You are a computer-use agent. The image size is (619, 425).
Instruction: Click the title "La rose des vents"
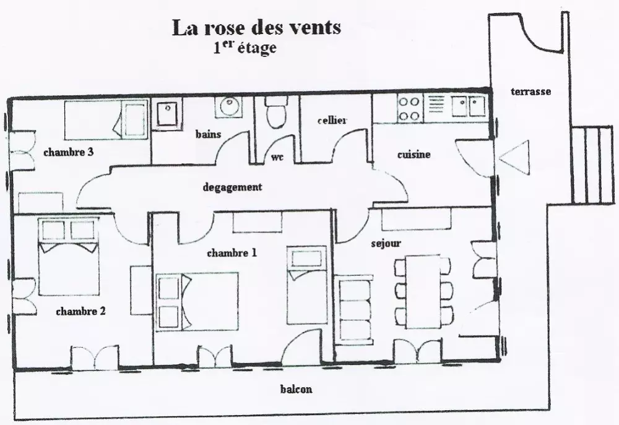[x=257, y=28]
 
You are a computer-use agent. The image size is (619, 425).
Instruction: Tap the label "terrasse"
[x=530, y=92]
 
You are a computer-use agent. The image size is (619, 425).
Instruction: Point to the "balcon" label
[x=296, y=389]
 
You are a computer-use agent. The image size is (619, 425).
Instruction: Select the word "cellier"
[x=332, y=120]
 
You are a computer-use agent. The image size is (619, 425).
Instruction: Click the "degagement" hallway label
[x=232, y=187]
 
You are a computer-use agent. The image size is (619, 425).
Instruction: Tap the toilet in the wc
[x=276, y=112]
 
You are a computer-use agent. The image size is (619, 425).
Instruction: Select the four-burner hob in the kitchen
[x=409, y=109]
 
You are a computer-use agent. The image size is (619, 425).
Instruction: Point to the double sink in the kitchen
[x=468, y=107]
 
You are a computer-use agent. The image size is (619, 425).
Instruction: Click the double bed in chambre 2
[x=68, y=257]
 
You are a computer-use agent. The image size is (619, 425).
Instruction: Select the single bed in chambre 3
[x=106, y=119]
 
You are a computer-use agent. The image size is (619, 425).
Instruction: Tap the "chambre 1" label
[x=232, y=253]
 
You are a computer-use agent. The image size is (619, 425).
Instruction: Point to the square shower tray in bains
[x=167, y=113]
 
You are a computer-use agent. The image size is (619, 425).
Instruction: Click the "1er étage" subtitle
[x=245, y=48]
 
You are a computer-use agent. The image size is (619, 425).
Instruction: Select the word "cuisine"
[x=413, y=154]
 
